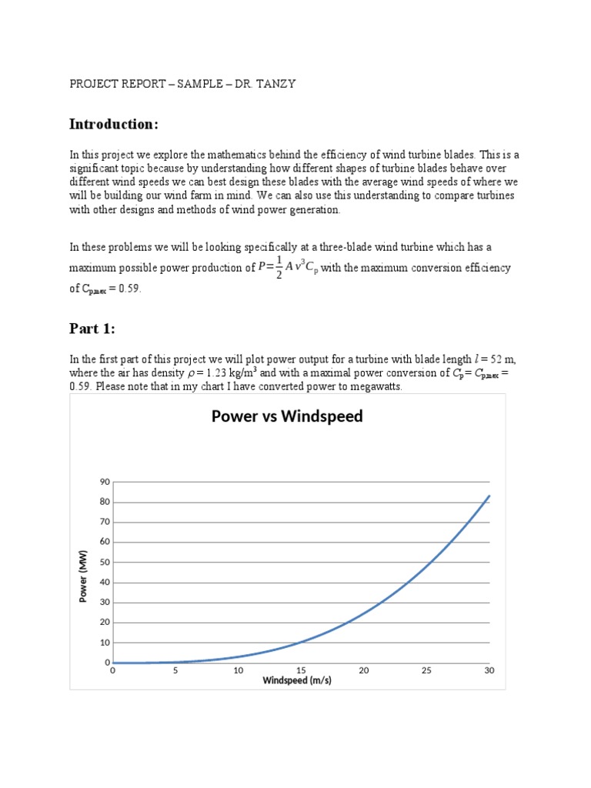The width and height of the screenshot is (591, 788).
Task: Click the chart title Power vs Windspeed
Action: click(287, 417)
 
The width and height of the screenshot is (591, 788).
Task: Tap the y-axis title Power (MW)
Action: click(84, 576)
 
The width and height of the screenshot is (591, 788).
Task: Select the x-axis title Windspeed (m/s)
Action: click(297, 680)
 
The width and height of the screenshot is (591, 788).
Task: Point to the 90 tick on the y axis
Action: click(105, 482)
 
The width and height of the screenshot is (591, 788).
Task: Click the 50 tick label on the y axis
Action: click(105, 563)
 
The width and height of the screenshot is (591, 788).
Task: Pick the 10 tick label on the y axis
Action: click(105, 643)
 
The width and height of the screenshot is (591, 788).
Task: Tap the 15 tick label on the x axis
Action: click(301, 670)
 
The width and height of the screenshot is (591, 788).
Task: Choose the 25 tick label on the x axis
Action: click(426, 670)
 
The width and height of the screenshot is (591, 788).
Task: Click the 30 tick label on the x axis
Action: click(489, 670)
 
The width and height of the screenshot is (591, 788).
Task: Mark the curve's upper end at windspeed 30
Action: click(489, 496)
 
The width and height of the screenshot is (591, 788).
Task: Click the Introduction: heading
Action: click(114, 124)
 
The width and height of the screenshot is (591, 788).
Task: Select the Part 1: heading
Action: click(93, 329)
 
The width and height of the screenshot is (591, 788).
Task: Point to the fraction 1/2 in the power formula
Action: click(279, 269)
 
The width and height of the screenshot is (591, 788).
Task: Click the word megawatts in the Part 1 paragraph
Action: click(376, 386)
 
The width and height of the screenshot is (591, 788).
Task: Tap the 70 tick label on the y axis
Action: click(105, 522)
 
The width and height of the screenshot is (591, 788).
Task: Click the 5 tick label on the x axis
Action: click(175, 670)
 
